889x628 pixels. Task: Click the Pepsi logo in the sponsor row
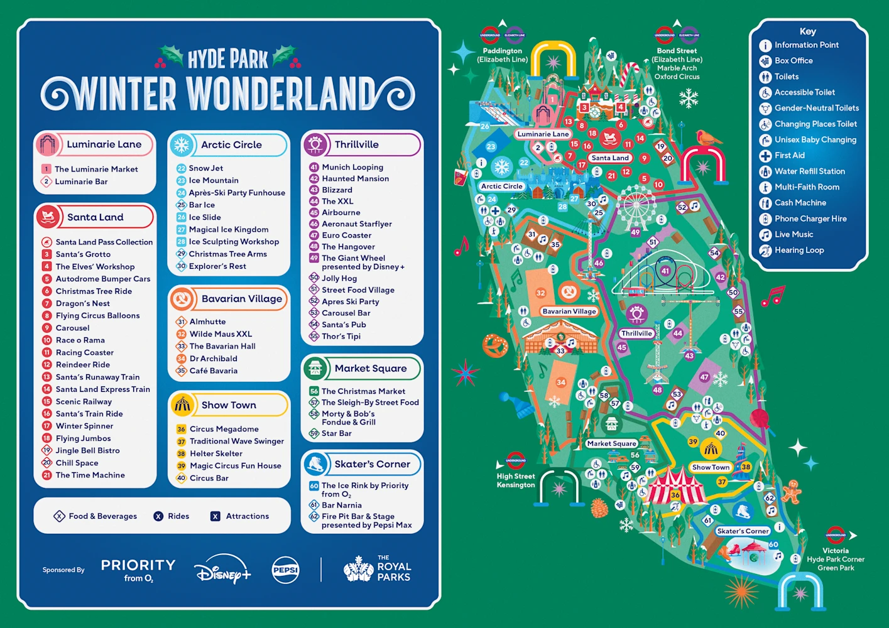coord(286,570)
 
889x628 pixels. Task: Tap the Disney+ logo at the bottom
coord(222,569)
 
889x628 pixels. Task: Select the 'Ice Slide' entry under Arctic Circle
coord(205,217)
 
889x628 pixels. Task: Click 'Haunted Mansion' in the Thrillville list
coord(355,179)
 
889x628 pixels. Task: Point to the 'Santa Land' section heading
coord(95,217)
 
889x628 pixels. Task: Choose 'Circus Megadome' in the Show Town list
coord(224,429)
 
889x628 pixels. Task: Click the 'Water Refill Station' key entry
coord(809,171)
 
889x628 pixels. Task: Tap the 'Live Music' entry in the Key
coord(794,234)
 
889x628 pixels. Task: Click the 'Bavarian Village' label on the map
coord(569,311)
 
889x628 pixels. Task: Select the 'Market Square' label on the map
coord(611,443)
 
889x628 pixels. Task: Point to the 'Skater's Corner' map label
coord(743,531)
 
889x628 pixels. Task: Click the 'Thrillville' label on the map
coord(636,333)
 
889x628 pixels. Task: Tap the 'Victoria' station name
coord(835,551)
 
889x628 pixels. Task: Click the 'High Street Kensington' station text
coord(516,480)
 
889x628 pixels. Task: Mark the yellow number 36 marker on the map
coord(675,495)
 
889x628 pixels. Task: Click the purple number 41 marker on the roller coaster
coord(665,271)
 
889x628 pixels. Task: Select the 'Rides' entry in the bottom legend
coord(178,516)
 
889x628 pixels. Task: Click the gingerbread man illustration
coord(792,491)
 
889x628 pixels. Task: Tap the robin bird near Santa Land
coord(706,138)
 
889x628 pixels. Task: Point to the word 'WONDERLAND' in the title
coord(280,95)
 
